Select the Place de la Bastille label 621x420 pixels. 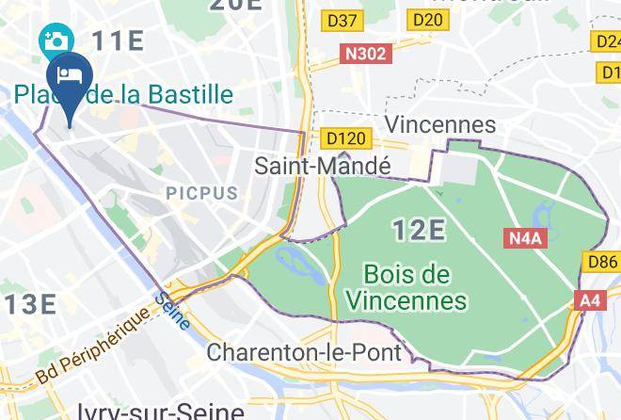pyautogui.click(x=123, y=94)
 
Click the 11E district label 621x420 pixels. pyautogui.click(x=118, y=40)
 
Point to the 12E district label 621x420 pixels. pyautogui.click(x=418, y=229)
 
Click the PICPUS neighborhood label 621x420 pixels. pyautogui.click(x=202, y=192)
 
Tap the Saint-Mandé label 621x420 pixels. pyautogui.click(x=323, y=166)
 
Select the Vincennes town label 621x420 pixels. pyautogui.click(x=440, y=124)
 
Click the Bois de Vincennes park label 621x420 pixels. pyautogui.click(x=406, y=288)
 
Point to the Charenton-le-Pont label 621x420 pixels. pyautogui.click(x=304, y=354)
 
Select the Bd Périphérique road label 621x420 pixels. pyautogui.click(x=93, y=346)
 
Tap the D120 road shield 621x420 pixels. pyautogui.click(x=344, y=138)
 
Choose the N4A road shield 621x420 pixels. pyautogui.click(x=526, y=238)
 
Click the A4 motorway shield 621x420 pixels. pyautogui.click(x=590, y=300)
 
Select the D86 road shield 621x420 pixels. pyautogui.click(x=601, y=262)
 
